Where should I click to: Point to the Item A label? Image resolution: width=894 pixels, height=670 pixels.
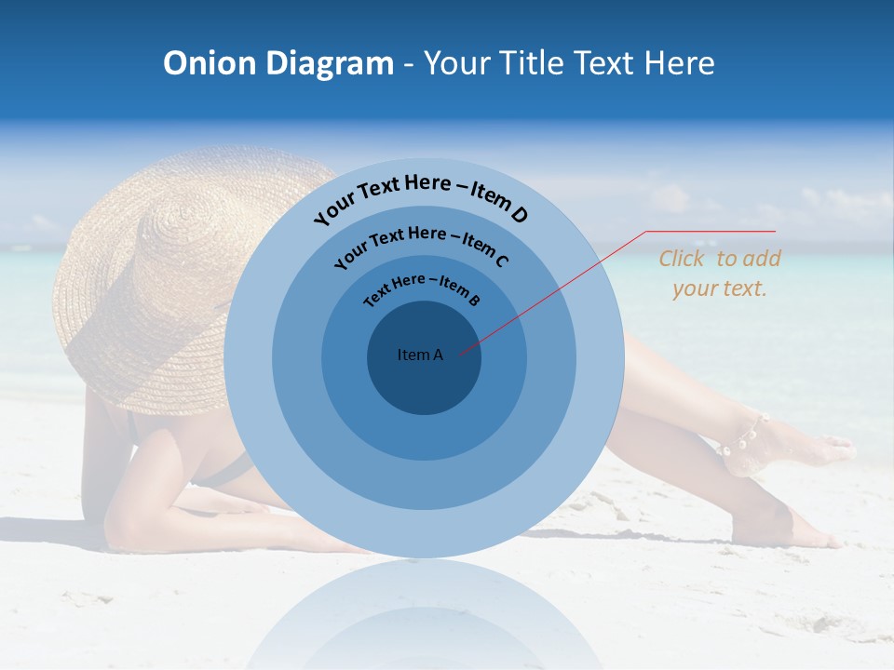click(420, 355)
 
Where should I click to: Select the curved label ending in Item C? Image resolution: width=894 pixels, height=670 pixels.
click(421, 246)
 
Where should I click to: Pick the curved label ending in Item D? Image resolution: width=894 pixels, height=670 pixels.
click(421, 196)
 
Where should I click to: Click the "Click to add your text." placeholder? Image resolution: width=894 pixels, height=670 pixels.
click(720, 274)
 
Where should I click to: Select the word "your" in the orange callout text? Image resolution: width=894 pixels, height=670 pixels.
click(694, 288)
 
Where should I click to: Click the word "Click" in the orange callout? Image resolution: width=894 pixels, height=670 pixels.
click(681, 259)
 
